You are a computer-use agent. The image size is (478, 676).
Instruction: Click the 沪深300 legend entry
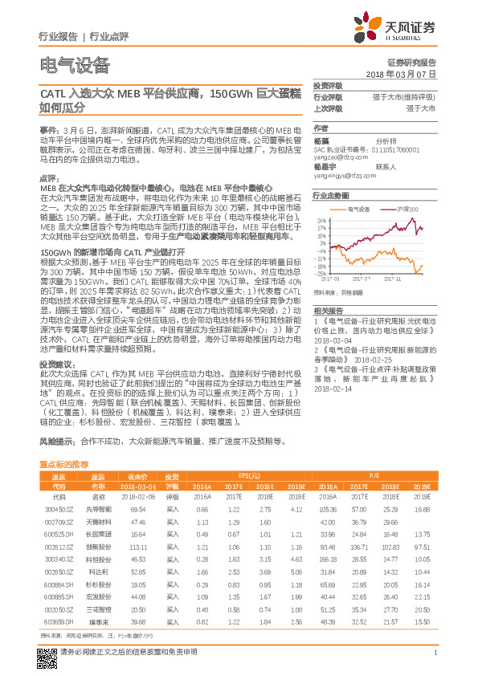(x=407, y=208)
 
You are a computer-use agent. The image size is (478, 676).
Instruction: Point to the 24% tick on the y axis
(x=321, y=220)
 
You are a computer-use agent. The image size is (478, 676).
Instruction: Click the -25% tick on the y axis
(x=321, y=274)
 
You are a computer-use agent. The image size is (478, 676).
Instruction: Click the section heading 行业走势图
(x=331, y=195)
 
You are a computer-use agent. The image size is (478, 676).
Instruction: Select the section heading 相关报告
(x=329, y=310)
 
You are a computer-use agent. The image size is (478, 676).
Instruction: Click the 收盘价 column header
(x=137, y=476)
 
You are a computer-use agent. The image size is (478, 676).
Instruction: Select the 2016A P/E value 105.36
(x=327, y=509)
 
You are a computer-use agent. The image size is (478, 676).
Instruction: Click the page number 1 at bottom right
(x=435, y=652)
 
